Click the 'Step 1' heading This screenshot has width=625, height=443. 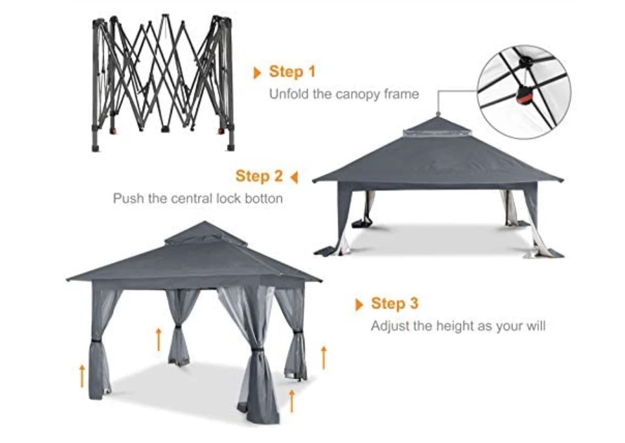(x=292, y=72)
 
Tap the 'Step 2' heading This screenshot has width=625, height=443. (x=259, y=176)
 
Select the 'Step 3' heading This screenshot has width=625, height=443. (x=394, y=303)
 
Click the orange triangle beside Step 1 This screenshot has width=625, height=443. (x=257, y=73)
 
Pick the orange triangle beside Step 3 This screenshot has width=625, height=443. (x=359, y=304)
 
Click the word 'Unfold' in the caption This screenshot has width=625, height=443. (x=288, y=94)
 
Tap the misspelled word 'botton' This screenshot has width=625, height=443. (x=262, y=198)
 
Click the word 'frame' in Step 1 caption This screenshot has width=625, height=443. (x=401, y=94)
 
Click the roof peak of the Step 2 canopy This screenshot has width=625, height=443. (x=438, y=117)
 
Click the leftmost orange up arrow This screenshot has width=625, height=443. (x=82, y=375)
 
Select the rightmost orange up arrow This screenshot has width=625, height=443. (x=323, y=357)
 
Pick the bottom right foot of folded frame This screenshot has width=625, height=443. (x=230, y=147)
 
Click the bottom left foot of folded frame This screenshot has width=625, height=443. (x=96, y=147)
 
